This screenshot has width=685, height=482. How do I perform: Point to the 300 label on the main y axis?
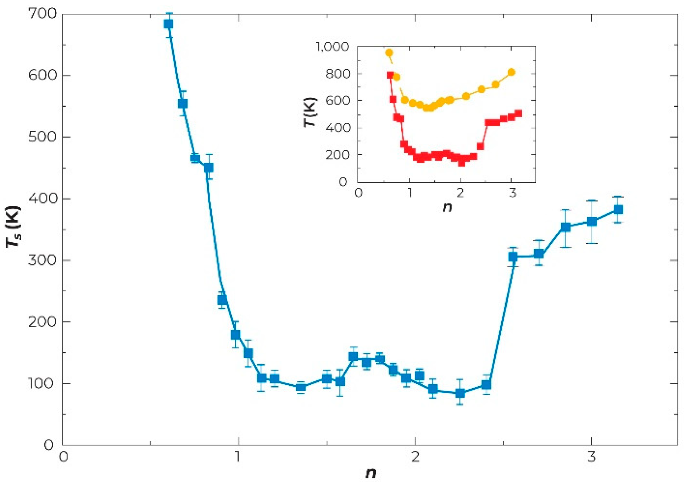pos(42,260)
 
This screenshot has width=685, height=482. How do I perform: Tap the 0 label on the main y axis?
pos(49,445)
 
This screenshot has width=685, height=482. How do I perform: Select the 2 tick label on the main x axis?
pos(415,457)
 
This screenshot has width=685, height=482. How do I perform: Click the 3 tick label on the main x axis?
pos(591,457)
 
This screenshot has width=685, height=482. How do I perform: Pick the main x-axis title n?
pos(371,473)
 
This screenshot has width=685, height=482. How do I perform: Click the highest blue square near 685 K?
pos(168,24)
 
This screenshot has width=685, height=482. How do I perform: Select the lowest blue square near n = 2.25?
pos(460,393)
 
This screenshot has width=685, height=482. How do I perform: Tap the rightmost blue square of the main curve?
pos(618,210)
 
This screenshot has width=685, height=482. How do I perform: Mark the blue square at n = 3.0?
pos(591,222)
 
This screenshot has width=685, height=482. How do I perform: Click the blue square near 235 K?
pos(222,300)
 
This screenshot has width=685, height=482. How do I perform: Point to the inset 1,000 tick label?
pos(333,46)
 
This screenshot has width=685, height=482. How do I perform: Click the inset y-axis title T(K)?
pos(310,112)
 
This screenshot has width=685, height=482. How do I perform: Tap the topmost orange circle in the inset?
pos(389,53)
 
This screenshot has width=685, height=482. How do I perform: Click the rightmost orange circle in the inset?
pos(511,72)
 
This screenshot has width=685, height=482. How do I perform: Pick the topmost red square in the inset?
pos(390,75)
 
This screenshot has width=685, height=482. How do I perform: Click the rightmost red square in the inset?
pos(518,113)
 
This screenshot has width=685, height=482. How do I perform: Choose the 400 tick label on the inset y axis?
pos(338,128)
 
